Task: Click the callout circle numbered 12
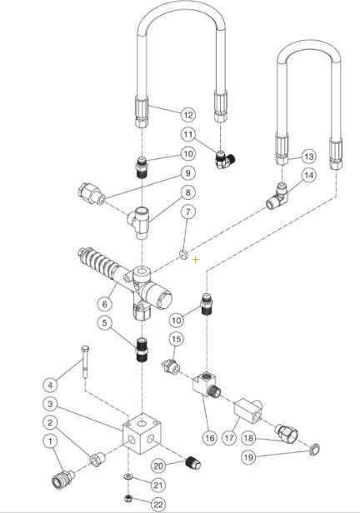pyautogui.click(x=187, y=113)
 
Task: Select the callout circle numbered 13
pyautogui.click(x=308, y=156)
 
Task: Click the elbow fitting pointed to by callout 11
pyautogui.click(x=219, y=152)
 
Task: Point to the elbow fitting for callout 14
pyautogui.click(x=279, y=200)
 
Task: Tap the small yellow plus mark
pyautogui.click(x=196, y=259)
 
